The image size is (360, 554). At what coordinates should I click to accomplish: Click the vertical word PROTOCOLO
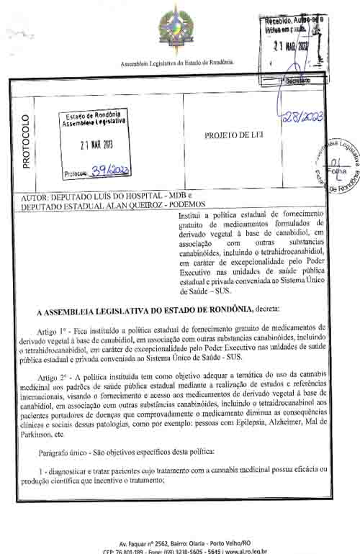26,141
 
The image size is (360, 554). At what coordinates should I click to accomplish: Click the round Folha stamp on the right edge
338,166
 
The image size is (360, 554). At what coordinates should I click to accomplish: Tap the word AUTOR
35,196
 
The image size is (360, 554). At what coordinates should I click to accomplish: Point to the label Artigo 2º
57,376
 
